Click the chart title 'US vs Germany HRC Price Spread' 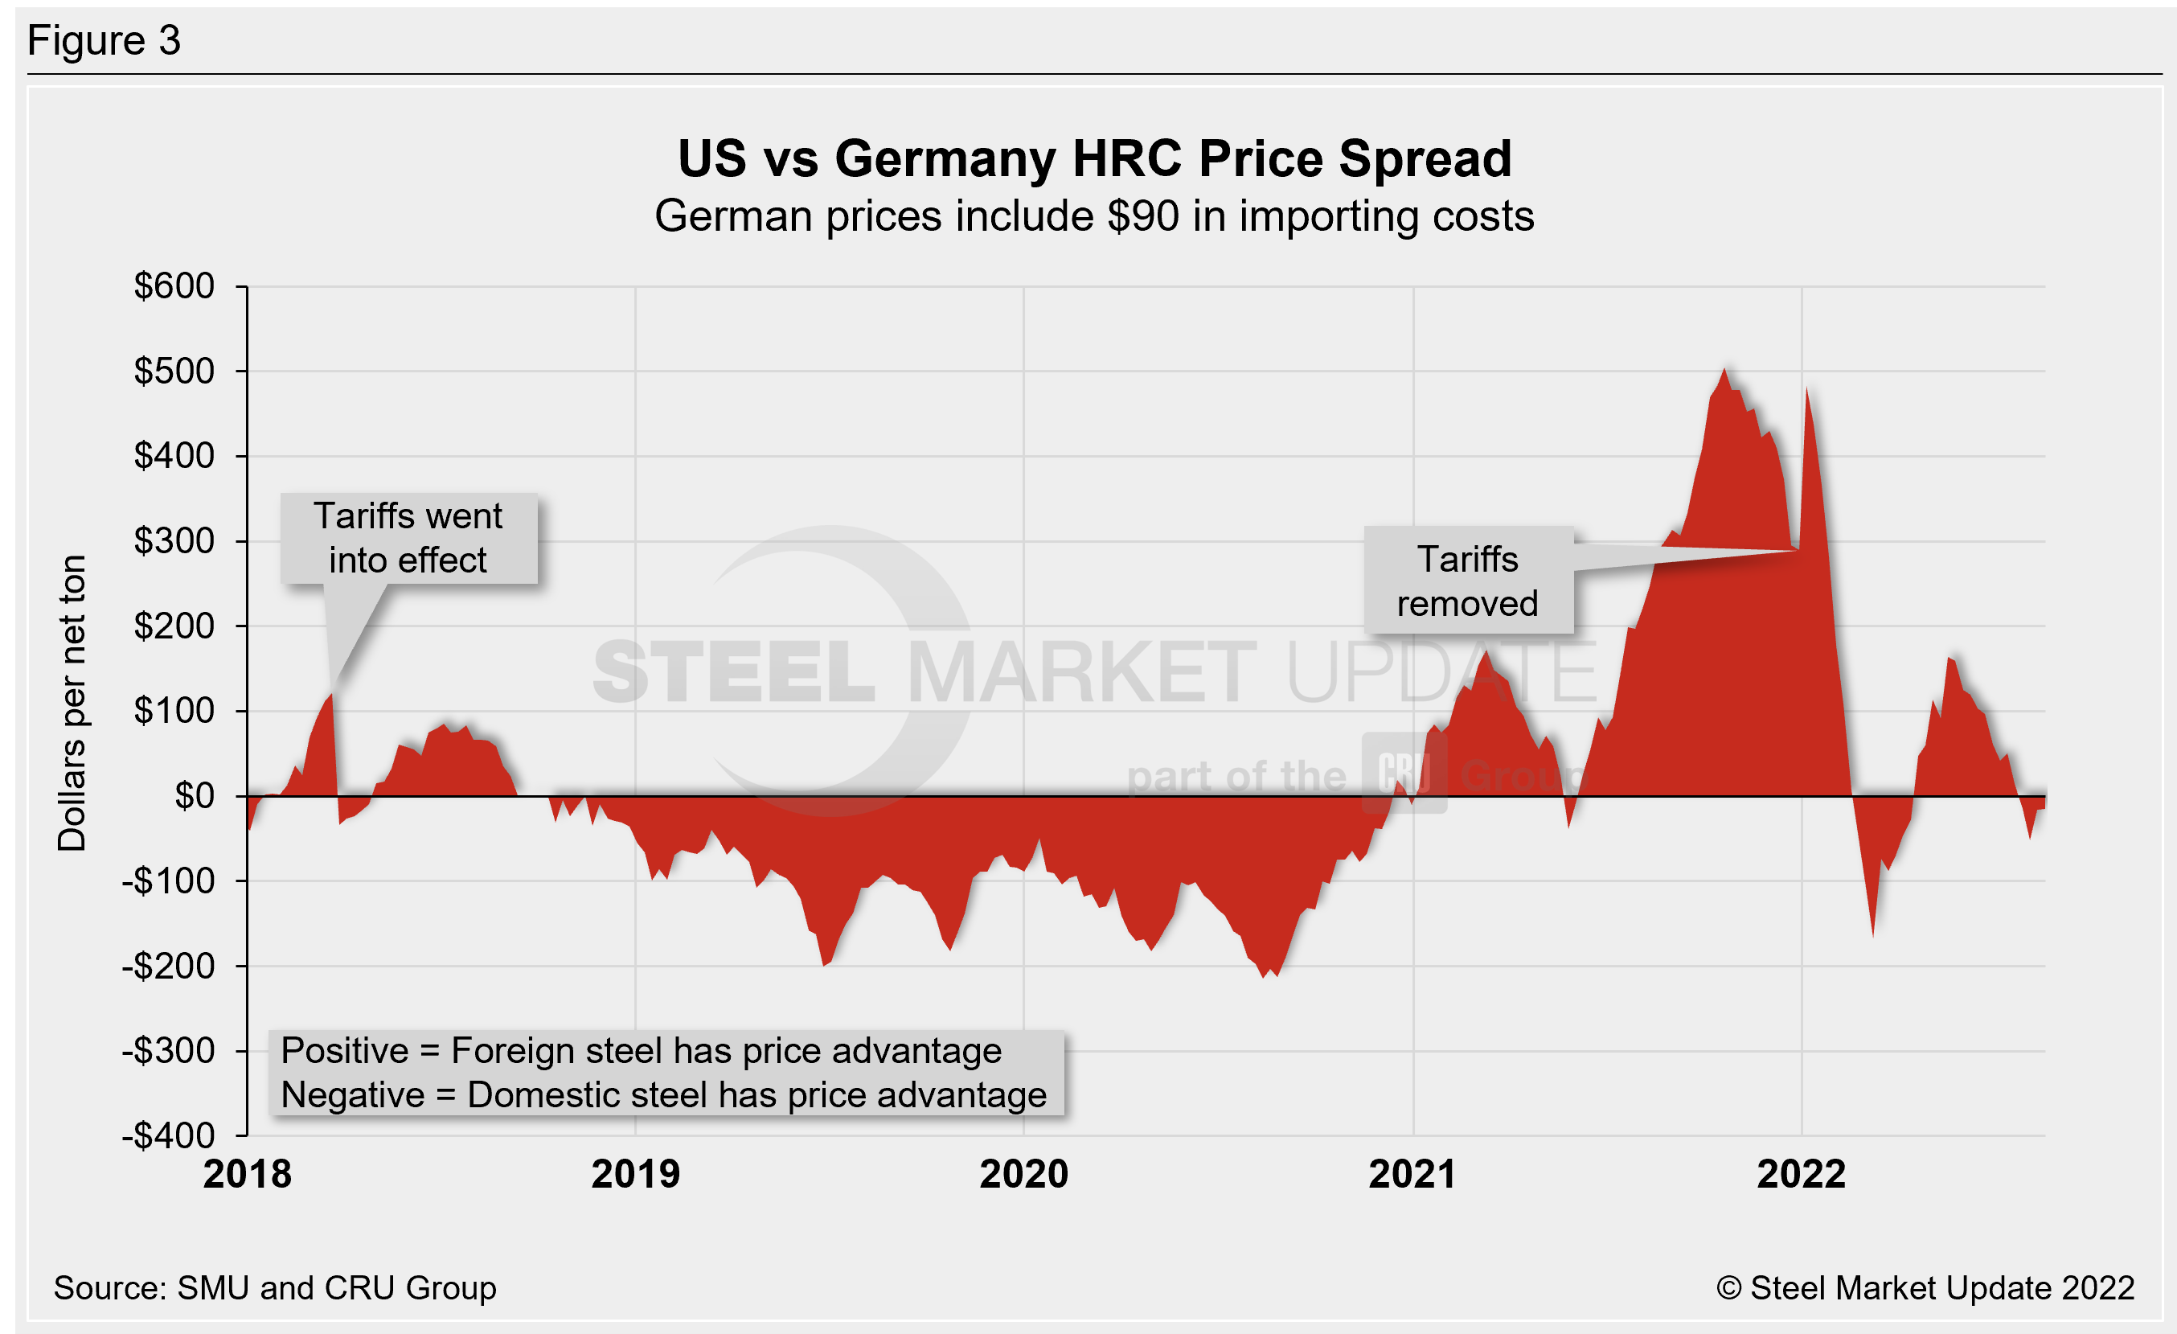point(1094,159)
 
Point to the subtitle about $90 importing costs point(1094,216)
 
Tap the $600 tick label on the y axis point(174,286)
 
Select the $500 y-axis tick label point(174,371)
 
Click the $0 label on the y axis point(195,796)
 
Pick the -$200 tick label point(169,967)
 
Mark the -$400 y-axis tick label point(169,1135)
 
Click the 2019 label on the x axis point(635,1174)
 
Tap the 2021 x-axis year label point(1412,1174)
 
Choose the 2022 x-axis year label point(1801,1174)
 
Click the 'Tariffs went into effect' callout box point(408,538)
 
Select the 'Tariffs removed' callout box point(1467,581)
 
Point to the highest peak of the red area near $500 point(1724,370)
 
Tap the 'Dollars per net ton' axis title point(72,702)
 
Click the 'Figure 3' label point(105,41)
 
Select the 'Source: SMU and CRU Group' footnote point(275,1287)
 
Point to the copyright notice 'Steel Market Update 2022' point(1925,1287)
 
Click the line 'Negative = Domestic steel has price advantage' point(662,1095)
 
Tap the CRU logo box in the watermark point(1403,773)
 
